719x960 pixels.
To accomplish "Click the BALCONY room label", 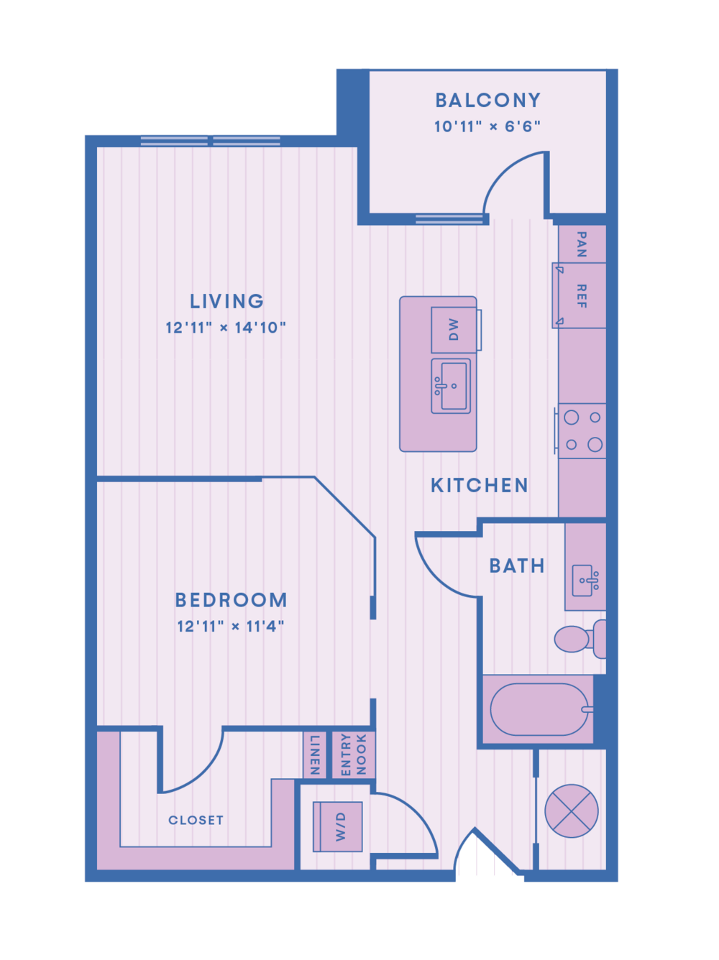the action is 487,100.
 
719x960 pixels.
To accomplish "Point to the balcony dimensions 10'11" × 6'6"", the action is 487,126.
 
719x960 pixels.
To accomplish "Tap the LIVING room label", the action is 226,301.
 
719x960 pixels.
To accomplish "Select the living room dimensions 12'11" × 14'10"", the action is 225,328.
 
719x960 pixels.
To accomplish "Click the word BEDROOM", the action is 231,599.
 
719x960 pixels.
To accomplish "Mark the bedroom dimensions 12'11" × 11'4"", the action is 231,627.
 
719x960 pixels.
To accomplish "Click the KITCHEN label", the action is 479,485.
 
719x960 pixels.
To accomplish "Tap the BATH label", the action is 517,566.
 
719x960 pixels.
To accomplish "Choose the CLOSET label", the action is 196,820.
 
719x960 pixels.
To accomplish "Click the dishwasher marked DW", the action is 454,330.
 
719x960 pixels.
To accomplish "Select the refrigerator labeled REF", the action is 580,295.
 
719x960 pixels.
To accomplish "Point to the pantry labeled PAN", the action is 582,244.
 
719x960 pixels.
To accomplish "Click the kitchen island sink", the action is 451,386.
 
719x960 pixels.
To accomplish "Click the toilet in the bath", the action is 580,639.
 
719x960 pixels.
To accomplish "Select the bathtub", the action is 539,709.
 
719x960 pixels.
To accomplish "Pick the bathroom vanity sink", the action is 585,581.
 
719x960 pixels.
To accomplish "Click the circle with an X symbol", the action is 571,811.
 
